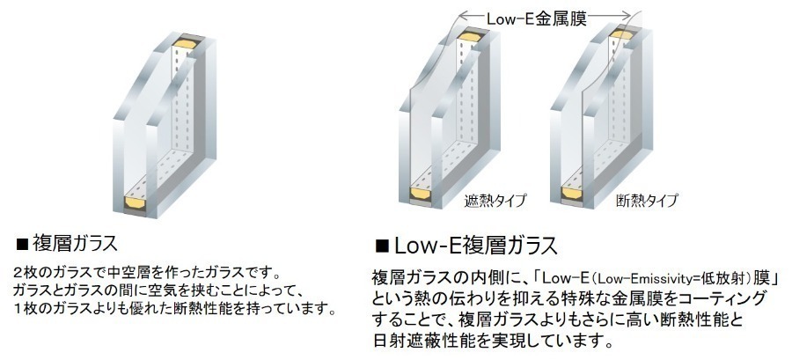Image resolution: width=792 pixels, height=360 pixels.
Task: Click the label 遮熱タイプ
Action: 495,201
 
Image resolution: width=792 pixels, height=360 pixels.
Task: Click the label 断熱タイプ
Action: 647,201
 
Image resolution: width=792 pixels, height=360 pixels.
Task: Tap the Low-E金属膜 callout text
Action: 537,19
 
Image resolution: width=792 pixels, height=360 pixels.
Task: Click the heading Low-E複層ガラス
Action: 476,246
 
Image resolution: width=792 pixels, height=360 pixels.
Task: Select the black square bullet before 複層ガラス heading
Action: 22,245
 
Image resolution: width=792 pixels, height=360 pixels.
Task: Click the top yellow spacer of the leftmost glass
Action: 186,43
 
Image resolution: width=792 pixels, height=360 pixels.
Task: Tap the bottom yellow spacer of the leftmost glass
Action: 135,204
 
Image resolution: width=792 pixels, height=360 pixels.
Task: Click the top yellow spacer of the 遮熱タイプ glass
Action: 470,36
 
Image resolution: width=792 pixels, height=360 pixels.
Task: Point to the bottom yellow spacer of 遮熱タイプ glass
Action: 420,193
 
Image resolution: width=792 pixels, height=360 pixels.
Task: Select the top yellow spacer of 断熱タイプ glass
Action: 620,34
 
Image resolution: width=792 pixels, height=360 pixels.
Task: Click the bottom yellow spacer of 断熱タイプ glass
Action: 571,193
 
